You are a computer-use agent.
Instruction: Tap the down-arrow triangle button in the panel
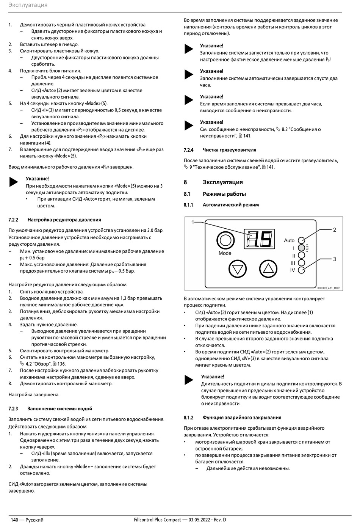pos(238,269)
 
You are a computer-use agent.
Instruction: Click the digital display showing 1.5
pos(259,239)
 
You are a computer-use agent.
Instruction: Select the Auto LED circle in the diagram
pos(302,240)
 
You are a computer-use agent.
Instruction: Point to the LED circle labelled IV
pos(302,270)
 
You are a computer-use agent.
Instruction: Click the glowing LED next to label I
pos(302,248)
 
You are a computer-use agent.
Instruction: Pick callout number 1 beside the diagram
pos(193,222)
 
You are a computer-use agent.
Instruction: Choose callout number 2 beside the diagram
pos(335,230)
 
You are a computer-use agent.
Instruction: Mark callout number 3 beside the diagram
pos(335,259)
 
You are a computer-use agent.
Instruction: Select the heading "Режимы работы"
pos(224,194)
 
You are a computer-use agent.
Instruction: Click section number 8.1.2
pos(188,418)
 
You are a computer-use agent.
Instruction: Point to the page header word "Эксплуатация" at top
pos(28,5)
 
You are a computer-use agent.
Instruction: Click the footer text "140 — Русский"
pos(27,520)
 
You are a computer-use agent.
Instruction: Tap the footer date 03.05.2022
pos(199,520)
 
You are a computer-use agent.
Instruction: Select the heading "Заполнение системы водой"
pos(59,408)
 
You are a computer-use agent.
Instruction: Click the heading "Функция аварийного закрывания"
pos(242,418)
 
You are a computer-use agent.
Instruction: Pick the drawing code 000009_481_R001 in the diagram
pos(329,288)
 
